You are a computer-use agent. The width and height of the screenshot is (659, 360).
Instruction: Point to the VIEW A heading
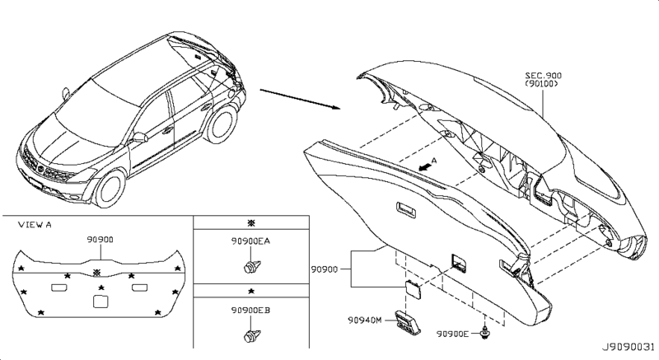click(35, 224)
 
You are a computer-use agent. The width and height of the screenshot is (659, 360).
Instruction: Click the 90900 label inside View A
click(100, 240)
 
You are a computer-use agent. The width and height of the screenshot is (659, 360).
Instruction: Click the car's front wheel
click(106, 189)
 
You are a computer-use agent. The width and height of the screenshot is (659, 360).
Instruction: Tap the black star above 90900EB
click(250, 292)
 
